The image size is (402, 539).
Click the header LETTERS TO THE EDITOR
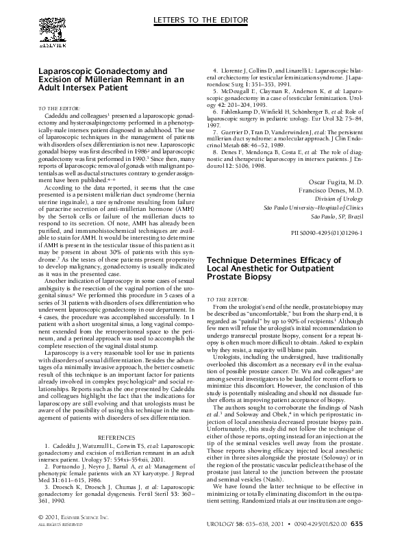[201, 15]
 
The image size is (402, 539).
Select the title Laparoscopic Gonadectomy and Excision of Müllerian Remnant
[109, 79]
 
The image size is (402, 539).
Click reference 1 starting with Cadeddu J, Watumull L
[116, 452]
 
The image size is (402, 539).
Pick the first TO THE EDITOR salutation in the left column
[59, 108]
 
